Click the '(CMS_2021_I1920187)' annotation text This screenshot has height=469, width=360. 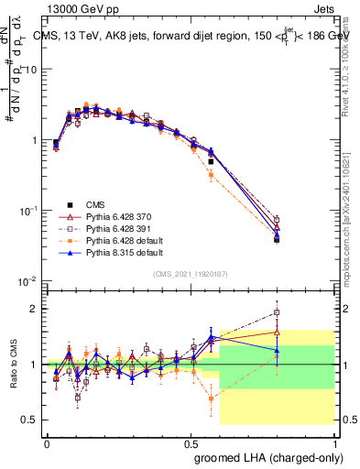point(190,273)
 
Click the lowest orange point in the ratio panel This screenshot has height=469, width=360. point(211,398)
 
